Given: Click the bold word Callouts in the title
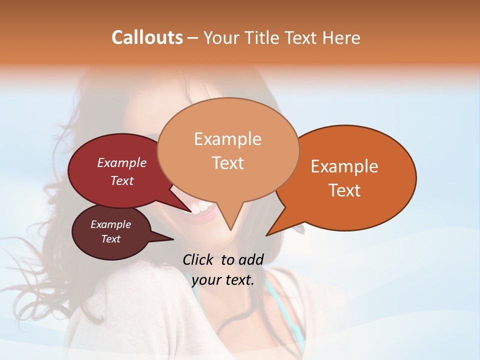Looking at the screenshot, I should point(147,37).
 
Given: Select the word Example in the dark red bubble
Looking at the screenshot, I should point(122,162).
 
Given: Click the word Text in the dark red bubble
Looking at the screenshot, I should point(122,180).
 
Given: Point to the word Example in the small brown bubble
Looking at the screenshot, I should point(110,224).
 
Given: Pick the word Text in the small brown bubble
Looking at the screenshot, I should point(110,239).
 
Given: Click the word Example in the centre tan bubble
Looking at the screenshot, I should point(227,139).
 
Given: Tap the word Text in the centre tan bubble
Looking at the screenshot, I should point(227,163).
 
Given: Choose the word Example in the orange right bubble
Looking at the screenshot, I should point(344,166).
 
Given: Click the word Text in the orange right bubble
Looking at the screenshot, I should point(344,190).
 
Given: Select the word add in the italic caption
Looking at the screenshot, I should point(251,259).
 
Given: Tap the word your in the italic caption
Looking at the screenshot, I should point(205,280).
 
